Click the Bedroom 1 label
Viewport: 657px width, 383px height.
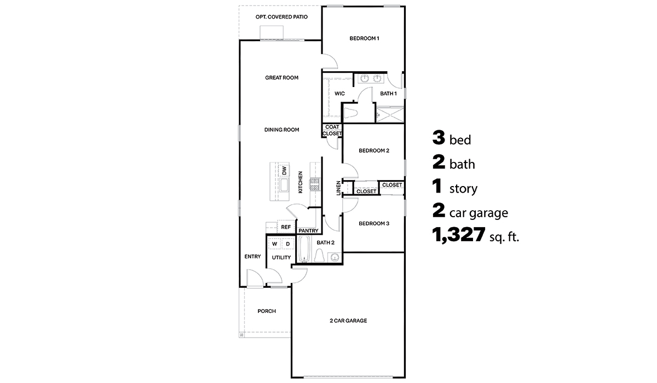[x=364, y=38]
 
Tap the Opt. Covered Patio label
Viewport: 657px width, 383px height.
[x=281, y=17]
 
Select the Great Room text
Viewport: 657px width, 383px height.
[x=281, y=78]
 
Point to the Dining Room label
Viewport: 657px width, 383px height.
[x=281, y=130]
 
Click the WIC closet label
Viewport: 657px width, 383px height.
[x=339, y=94]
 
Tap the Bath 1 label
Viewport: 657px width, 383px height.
[x=388, y=94]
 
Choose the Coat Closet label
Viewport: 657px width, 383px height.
[x=332, y=130]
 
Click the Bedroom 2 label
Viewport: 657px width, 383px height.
[x=373, y=150]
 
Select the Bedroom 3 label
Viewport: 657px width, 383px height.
[x=373, y=223]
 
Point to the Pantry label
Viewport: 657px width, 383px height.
[x=308, y=231]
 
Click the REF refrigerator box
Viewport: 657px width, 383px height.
[x=285, y=227]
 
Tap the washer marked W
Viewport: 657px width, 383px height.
[x=275, y=244]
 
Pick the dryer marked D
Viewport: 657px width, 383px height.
[x=287, y=244]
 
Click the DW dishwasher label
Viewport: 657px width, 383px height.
[x=284, y=171]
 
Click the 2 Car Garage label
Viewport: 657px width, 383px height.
[x=348, y=321]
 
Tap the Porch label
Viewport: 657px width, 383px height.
[x=267, y=311]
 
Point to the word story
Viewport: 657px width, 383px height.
[x=463, y=189]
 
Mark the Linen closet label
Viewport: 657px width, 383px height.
[x=338, y=188]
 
